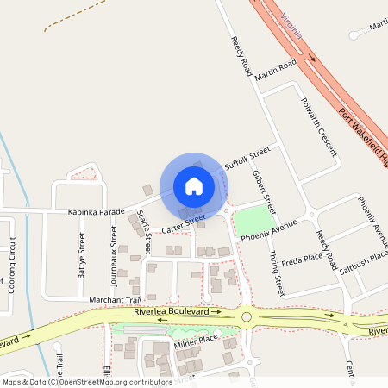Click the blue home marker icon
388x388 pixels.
pos(194,185)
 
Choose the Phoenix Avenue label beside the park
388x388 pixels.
pos(268,229)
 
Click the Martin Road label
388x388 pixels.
pos(276,70)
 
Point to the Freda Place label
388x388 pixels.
pos(302,258)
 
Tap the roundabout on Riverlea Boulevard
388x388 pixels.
pos(247,316)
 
